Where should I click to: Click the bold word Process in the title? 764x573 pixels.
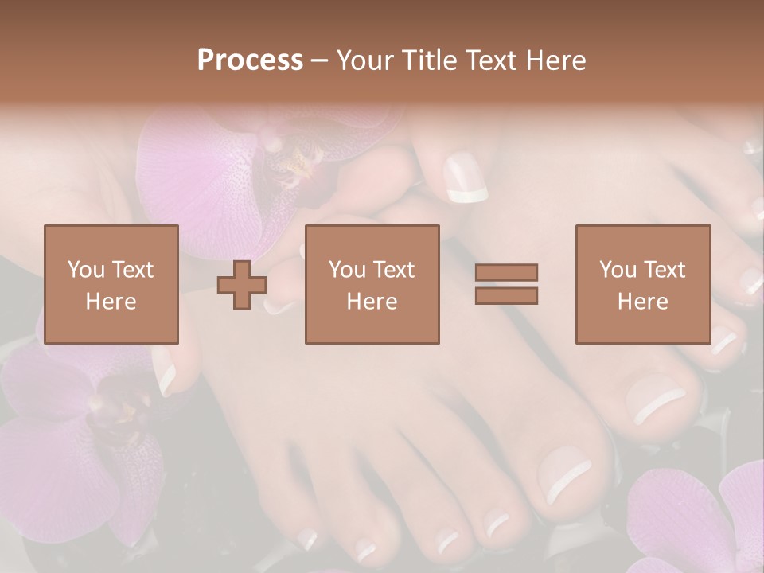click(250, 60)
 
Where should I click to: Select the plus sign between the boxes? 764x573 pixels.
click(242, 285)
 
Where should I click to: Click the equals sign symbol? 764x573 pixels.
click(506, 284)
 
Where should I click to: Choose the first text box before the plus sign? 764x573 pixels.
click(111, 284)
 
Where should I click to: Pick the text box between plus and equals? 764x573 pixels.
click(372, 284)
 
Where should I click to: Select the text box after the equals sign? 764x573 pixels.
click(642, 284)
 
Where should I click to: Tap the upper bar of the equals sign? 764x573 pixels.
click(506, 273)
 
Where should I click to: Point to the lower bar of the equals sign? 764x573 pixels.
click(506, 295)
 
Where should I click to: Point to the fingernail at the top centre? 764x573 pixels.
click(466, 178)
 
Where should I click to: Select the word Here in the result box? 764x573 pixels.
click(642, 301)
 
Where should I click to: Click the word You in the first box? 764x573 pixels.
click(85, 269)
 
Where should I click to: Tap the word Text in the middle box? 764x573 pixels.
click(394, 269)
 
